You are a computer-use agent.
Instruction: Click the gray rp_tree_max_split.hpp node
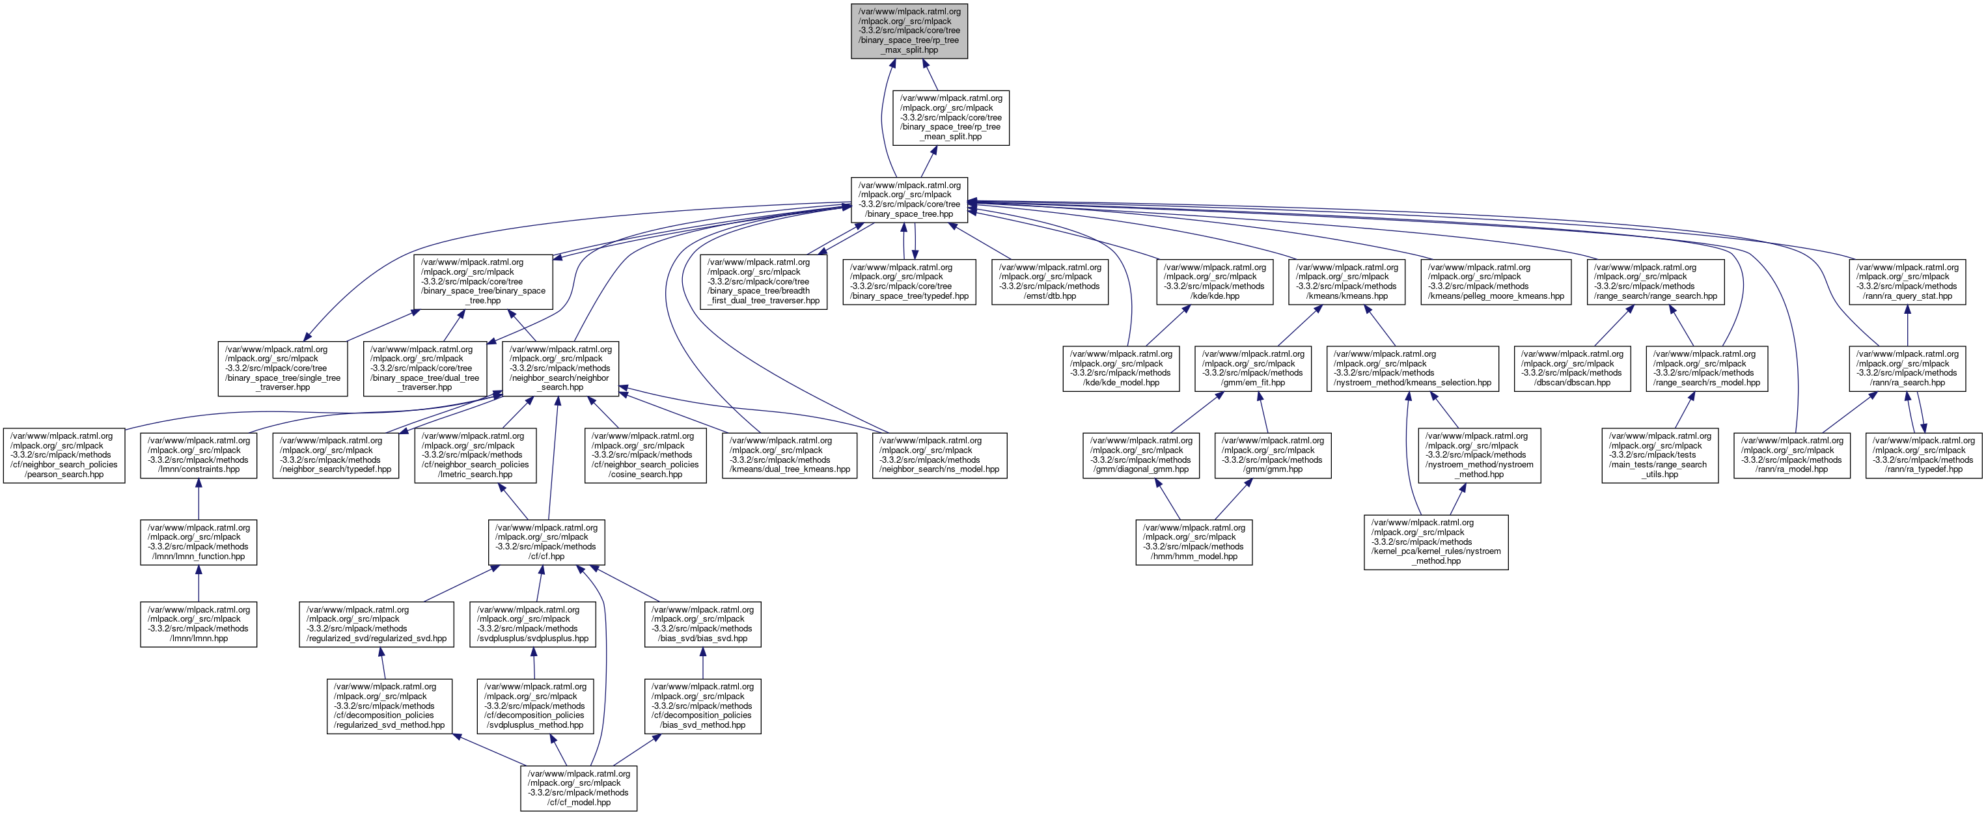[909, 31]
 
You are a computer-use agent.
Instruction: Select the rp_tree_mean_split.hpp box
[950, 118]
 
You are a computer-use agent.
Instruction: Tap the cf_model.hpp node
[578, 787]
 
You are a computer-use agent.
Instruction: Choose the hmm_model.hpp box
[1193, 542]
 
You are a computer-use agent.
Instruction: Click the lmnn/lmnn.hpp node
[198, 624]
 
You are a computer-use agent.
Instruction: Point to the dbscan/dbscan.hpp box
[1572, 368]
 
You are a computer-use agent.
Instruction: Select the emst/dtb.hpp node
[1049, 281]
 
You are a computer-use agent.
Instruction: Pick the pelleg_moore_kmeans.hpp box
[1495, 281]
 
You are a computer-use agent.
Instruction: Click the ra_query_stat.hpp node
[1907, 281]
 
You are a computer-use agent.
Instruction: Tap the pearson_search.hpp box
[64, 456]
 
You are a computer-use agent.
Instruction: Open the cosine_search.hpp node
[645, 456]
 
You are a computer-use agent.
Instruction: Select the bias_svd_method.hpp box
[702, 706]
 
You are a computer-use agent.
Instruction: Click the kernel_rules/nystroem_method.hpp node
[1435, 542]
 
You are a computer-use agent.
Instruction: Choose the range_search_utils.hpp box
[1659, 456]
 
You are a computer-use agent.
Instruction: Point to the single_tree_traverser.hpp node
[282, 368]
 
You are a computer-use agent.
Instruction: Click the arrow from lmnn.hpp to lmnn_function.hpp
[198, 584]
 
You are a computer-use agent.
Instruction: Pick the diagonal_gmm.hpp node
[1141, 456]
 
